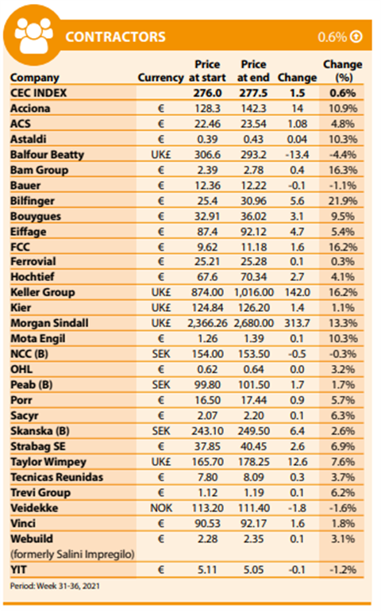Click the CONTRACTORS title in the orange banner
pos(115,37)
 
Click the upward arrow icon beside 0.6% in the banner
pos(356,37)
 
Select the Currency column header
pos(160,78)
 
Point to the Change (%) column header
pos(343,71)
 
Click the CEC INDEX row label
pos(39,93)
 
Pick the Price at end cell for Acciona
pos(253,109)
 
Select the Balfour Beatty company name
pos(47,155)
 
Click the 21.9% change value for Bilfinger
pos(343,201)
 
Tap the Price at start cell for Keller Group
pos(207,292)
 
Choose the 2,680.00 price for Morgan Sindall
pos(254,323)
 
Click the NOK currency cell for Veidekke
pos(161,508)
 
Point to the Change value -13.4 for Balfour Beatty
pos(297,155)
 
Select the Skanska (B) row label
pos(40,431)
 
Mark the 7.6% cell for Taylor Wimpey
pos(343,462)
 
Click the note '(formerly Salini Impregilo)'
pos(72,554)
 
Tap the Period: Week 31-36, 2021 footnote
pos(55,586)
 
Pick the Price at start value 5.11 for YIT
pos(207,570)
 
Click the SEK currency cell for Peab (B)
pos(161,385)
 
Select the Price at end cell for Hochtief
pos(253,277)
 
